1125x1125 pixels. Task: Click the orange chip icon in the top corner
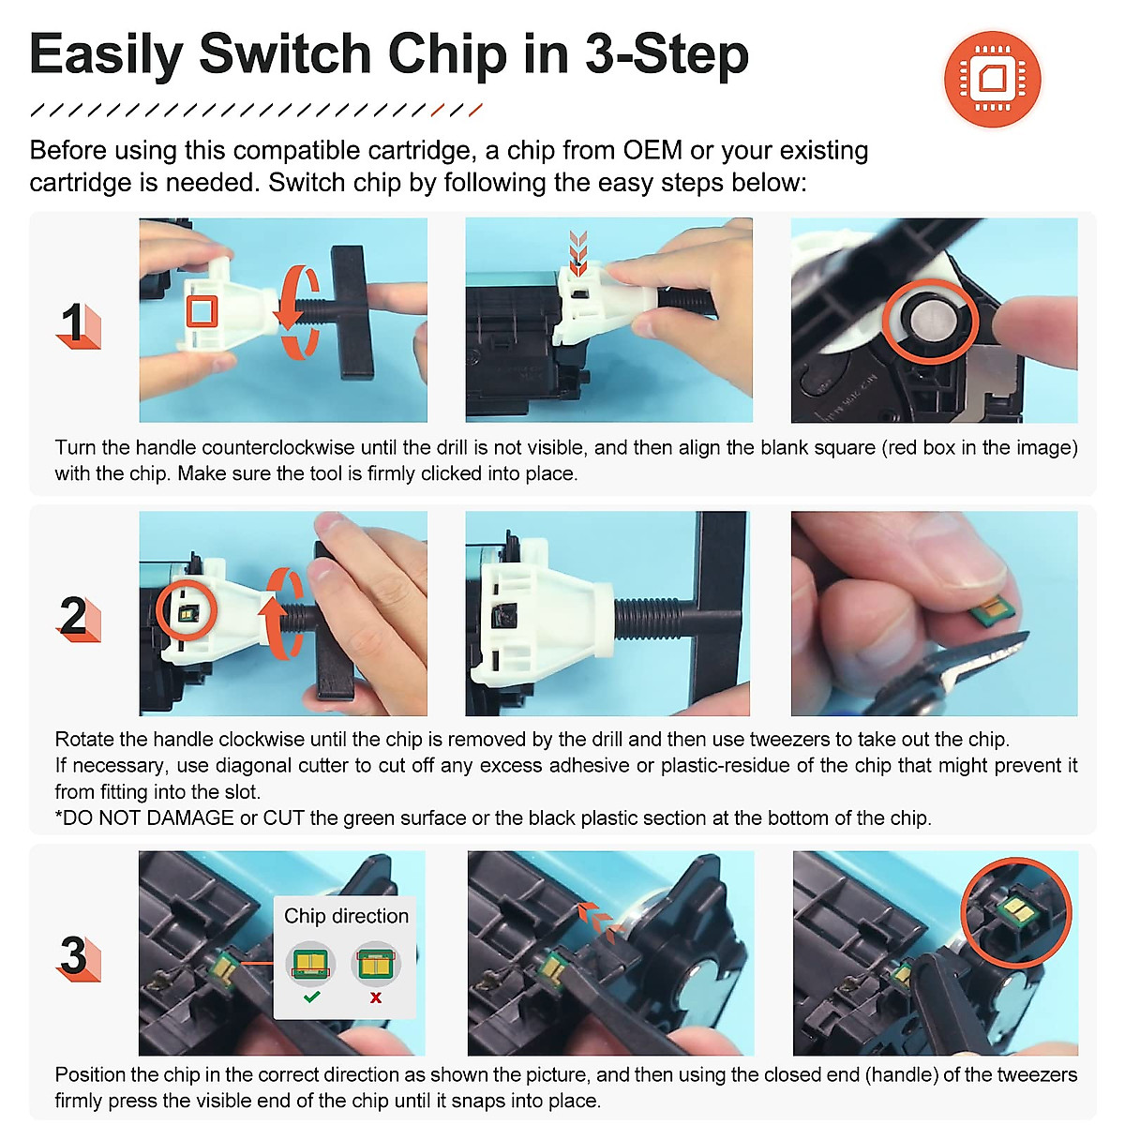[992, 79]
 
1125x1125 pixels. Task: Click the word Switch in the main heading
[285, 54]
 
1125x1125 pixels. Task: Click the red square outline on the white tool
[202, 311]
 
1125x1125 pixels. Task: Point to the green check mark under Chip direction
[312, 997]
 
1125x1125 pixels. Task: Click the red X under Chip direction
[376, 997]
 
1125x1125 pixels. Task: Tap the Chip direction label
[346, 916]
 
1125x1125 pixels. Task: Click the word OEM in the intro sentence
[652, 150]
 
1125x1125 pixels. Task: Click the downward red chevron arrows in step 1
[578, 252]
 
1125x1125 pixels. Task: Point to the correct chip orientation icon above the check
[310, 963]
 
